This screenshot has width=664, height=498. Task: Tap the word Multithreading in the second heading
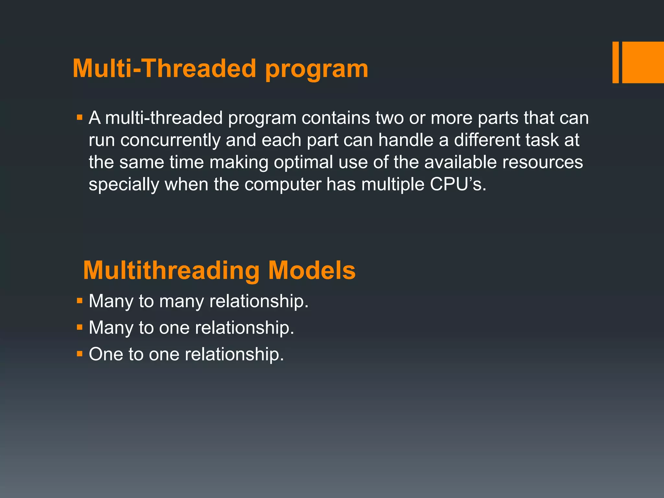(171, 270)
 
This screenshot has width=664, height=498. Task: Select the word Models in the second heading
(312, 270)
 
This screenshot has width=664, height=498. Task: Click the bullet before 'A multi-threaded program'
(80, 117)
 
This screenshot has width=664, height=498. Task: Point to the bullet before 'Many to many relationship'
(80, 301)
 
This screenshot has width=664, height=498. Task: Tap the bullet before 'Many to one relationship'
(80, 327)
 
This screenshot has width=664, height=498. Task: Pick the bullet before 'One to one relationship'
(80, 354)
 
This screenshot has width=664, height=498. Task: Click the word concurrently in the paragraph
(170, 140)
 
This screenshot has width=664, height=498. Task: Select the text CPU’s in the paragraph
(457, 184)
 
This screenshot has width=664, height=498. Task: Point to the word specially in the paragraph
(124, 184)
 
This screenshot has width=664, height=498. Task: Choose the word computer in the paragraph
(283, 184)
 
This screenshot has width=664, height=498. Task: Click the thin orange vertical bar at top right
(615, 62)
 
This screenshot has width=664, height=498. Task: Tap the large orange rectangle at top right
(643, 62)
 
